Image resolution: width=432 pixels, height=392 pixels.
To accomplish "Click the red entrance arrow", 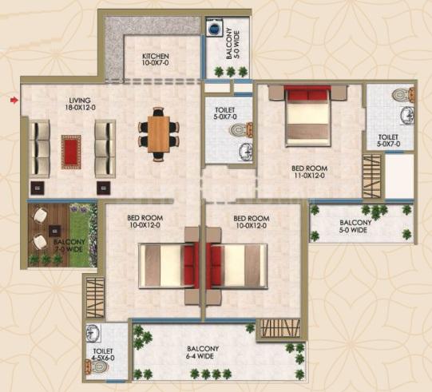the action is [14, 101].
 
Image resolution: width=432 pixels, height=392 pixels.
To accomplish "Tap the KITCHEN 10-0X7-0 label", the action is [156, 60].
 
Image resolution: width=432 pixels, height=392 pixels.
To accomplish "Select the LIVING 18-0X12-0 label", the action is [80, 104].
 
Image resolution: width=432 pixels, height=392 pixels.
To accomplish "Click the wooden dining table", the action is [158, 134].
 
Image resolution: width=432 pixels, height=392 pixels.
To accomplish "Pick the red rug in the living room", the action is [71, 152].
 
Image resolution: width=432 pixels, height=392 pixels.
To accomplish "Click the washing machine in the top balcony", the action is [214, 29].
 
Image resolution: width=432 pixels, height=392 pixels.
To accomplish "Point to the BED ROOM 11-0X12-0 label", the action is [309, 172].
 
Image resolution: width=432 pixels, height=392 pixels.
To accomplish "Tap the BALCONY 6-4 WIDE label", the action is [203, 353].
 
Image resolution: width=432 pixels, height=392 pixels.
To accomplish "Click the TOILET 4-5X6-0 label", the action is [102, 354].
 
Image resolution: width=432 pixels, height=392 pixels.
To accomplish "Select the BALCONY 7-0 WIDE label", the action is [69, 246].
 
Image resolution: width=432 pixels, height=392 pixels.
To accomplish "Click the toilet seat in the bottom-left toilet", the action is [97, 367].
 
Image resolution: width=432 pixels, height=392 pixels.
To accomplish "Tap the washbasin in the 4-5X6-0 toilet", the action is [93, 332].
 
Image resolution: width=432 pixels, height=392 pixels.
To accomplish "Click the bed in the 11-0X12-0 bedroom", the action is [307, 116].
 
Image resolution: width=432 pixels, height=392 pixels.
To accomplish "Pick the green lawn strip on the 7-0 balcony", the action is [81, 235].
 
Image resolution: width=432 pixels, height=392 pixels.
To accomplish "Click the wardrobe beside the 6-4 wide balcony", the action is [280, 329].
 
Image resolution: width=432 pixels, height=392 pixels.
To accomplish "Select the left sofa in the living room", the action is [39, 148].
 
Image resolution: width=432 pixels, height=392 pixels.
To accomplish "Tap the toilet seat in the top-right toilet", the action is [402, 95].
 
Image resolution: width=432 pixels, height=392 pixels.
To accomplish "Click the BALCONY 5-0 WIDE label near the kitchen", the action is [232, 44].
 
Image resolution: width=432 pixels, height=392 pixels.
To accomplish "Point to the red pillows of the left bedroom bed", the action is [190, 265].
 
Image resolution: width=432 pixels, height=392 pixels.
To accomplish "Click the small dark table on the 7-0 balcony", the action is [54, 231].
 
